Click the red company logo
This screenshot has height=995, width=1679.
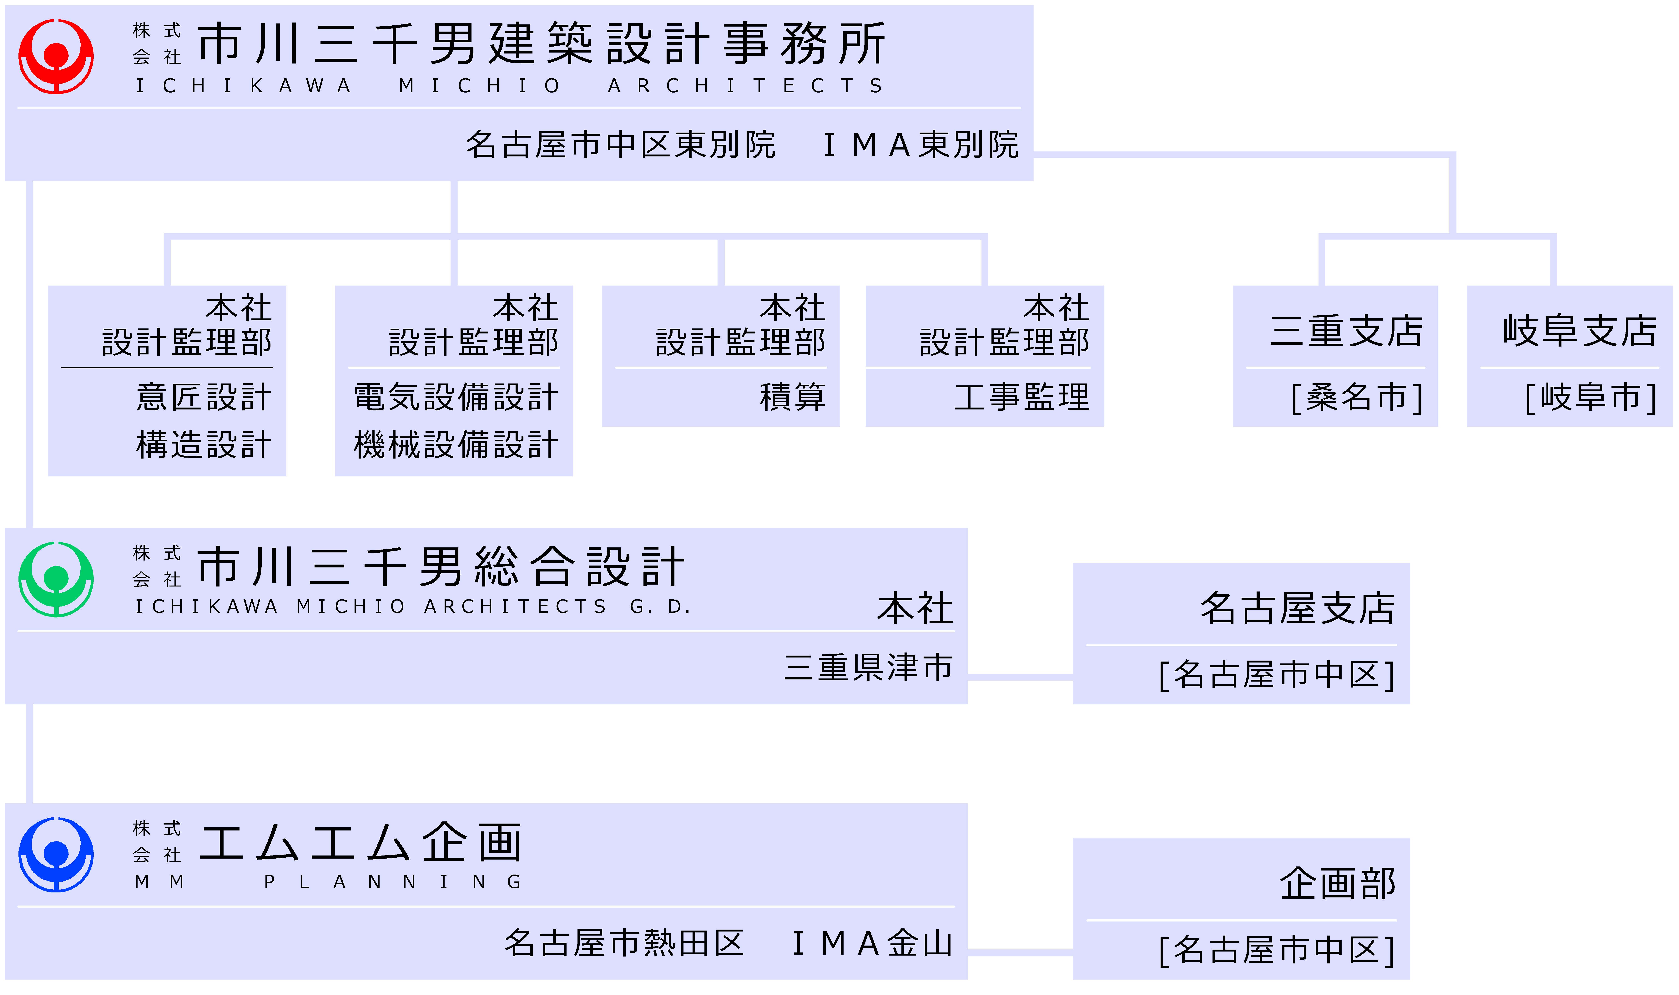pyautogui.click(x=56, y=56)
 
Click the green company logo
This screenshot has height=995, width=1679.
pyautogui.click(x=56, y=579)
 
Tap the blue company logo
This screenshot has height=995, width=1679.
pyautogui.click(x=56, y=855)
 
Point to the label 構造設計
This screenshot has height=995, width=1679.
pyautogui.click(x=204, y=444)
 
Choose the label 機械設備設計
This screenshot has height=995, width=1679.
pyautogui.click(x=456, y=444)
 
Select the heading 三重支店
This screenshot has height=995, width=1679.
pyautogui.click(x=1347, y=331)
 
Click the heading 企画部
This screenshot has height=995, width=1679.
pyautogui.click(x=1338, y=884)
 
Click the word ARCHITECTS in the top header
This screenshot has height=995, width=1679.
pyautogui.click(x=745, y=86)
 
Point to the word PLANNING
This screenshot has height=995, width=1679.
pyautogui.click(x=393, y=882)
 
